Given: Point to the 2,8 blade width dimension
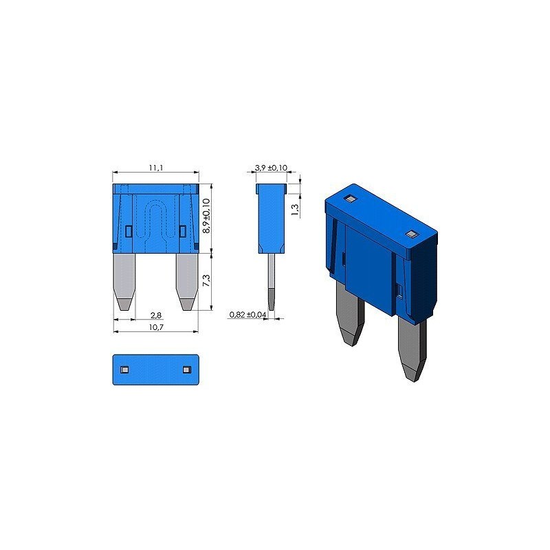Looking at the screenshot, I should [155, 316].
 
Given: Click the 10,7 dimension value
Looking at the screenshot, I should [155, 327].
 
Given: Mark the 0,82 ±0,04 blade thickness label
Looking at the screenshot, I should [247, 315].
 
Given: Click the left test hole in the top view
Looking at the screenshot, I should [124, 370].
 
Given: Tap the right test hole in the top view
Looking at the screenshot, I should [186, 370].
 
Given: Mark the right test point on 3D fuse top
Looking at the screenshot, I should [412, 234].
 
